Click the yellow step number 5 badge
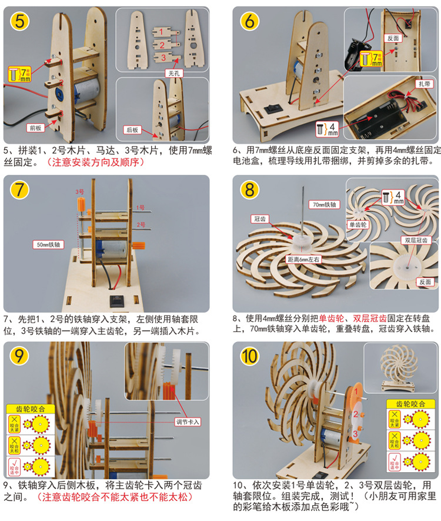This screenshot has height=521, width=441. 20,22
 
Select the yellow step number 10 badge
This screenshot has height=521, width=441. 249,357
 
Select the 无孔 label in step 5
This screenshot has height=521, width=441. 173,74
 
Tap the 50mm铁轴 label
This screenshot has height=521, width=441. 49,243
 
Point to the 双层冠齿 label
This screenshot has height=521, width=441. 416,240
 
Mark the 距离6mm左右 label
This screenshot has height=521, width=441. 302,259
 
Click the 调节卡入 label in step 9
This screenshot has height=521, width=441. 188,422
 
